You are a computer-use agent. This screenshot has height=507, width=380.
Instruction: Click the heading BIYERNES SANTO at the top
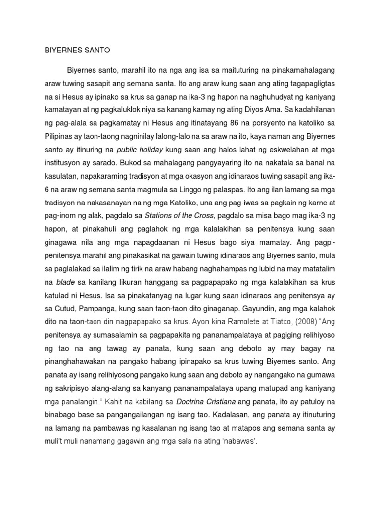click(77, 51)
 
